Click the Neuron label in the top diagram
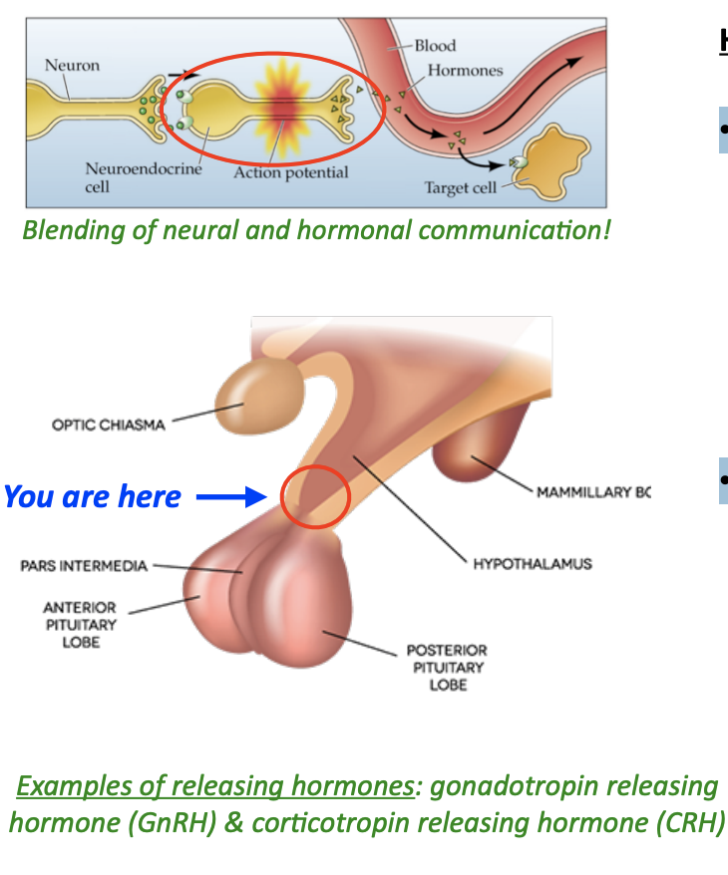(x=72, y=66)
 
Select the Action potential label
(x=291, y=173)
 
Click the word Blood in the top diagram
(x=435, y=46)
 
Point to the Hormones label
(x=465, y=71)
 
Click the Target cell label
(x=461, y=187)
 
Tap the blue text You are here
(x=93, y=496)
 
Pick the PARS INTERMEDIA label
(x=84, y=566)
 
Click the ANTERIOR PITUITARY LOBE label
(x=80, y=625)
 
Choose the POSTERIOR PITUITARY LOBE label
(x=448, y=668)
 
